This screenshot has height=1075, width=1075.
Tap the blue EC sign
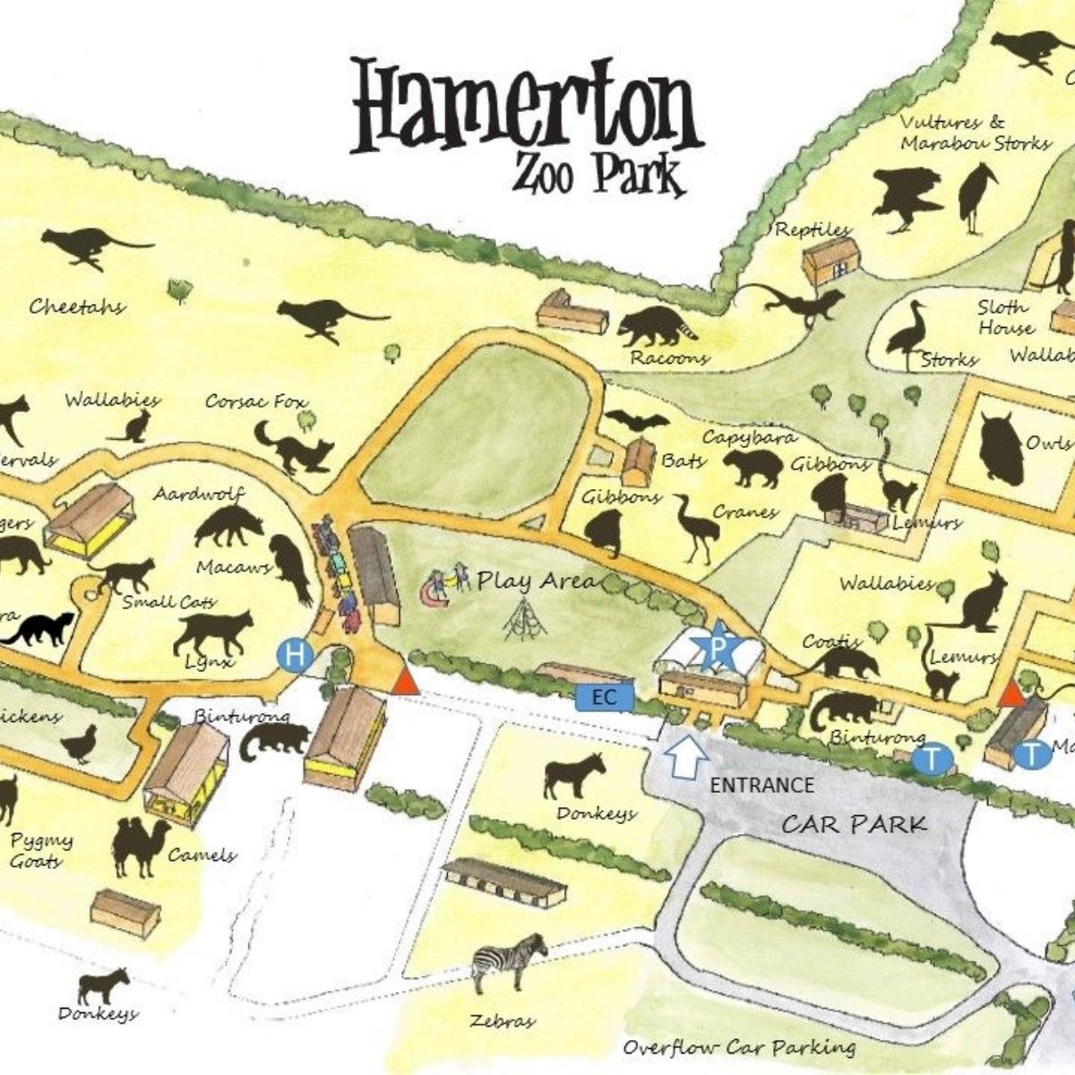606,695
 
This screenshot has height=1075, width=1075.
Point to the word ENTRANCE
761,786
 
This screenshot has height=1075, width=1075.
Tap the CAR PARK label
854,823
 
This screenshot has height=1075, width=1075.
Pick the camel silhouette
140,847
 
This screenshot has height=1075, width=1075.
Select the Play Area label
536,580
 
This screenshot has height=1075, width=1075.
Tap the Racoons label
669,358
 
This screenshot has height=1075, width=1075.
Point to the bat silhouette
637,422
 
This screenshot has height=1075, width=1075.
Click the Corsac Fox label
255,401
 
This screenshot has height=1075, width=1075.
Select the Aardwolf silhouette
228,528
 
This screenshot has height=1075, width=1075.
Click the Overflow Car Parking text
738,1047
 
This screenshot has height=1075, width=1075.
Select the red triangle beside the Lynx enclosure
405,681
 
